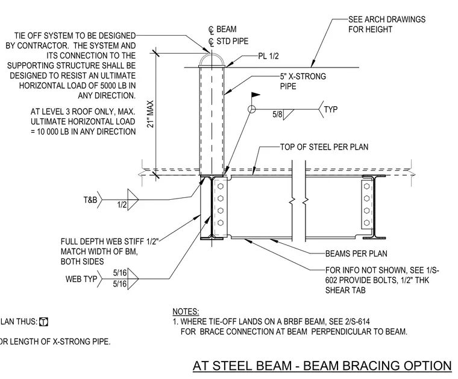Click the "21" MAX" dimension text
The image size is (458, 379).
point(150,114)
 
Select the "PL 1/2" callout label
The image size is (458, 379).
point(268,56)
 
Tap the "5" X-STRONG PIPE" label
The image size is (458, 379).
point(303,81)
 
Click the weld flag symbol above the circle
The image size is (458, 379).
point(256,95)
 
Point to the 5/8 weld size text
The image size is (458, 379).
point(277,114)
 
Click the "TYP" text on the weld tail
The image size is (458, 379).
point(331,109)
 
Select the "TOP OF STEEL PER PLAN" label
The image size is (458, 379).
point(324,147)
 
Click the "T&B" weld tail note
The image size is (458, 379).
point(90,200)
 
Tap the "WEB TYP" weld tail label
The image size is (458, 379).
point(81,279)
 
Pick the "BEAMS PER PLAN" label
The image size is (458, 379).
point(356,253)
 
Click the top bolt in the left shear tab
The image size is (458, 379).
point(221,186)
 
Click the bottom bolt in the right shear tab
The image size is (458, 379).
point(367,223)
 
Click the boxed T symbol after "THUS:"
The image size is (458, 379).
point(43,322)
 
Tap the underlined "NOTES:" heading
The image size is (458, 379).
point(186,312)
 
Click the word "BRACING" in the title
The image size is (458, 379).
point(371,366)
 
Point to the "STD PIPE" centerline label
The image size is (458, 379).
point(232,41)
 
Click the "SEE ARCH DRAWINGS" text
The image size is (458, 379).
point(387,19)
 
